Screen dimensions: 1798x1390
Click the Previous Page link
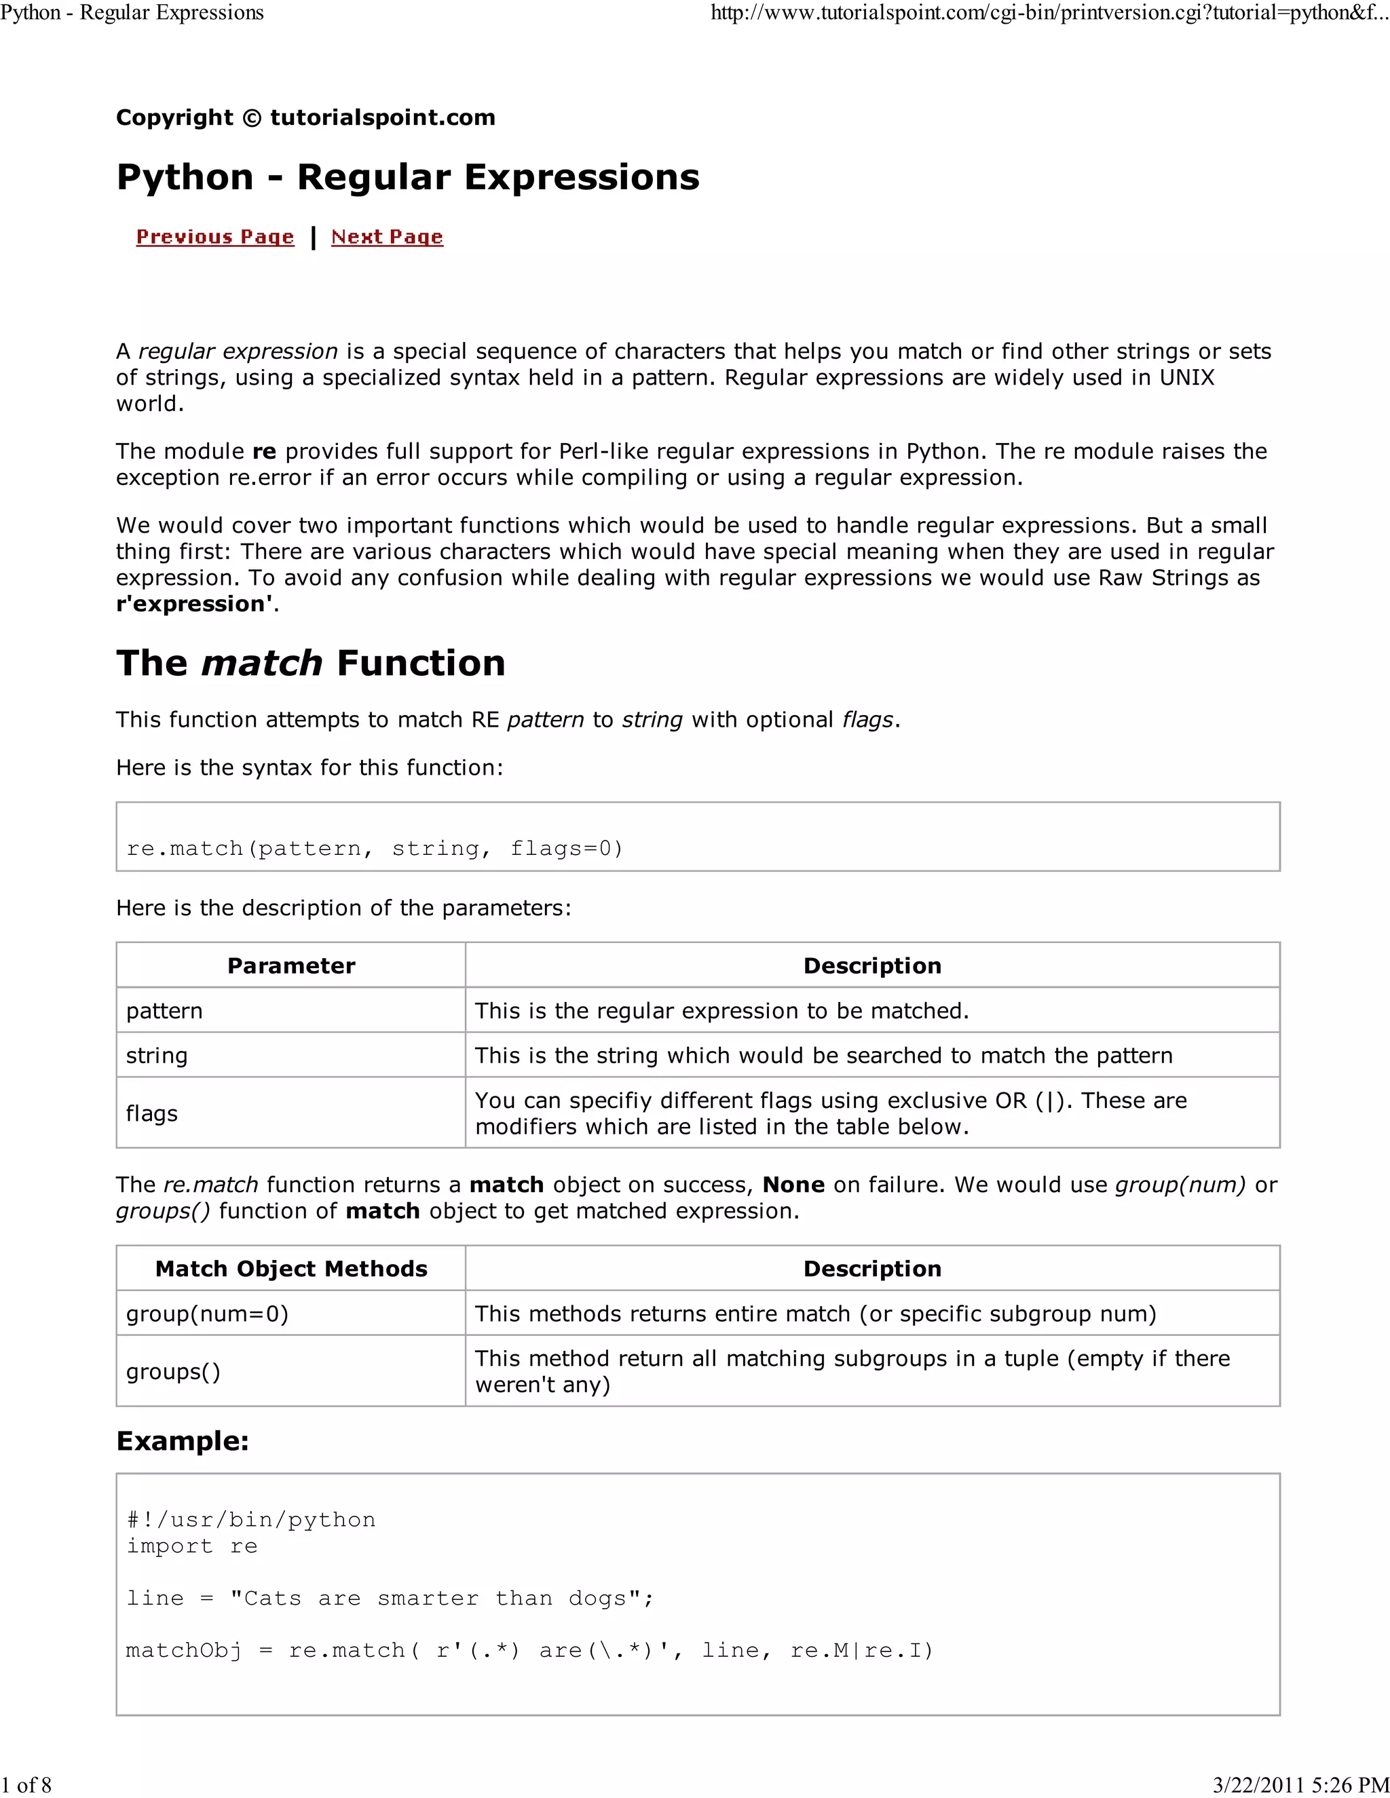pos(215,237)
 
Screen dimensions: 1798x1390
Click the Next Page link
pos(387,237)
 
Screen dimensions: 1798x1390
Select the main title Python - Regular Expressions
pos(408,177)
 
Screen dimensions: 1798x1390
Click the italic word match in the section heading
pos(262,663)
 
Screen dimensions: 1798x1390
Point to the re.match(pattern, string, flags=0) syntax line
pos(375,848)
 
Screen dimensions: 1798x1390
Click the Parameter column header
pos(290,965)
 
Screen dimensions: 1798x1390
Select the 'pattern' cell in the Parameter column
pos(164,1010)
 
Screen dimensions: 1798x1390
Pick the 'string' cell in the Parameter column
pos(157,1056)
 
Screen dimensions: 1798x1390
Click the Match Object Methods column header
pos(290,1269)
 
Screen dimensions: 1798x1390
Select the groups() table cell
pos(173,1371)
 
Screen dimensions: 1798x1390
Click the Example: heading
pos(182,1440)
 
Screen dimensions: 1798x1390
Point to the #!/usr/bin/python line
pos(250,1520)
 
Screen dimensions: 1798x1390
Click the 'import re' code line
pos(192,1546)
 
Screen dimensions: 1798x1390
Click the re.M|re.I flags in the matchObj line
pos(861,1651)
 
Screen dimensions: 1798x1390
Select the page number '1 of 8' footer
pos(26,1785)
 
